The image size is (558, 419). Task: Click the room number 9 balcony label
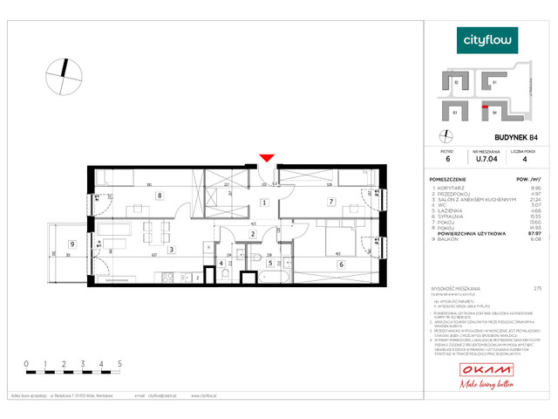point(72,244)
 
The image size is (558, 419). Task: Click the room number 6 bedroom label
point(340,264)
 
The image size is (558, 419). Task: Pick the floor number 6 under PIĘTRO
point(447,159)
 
